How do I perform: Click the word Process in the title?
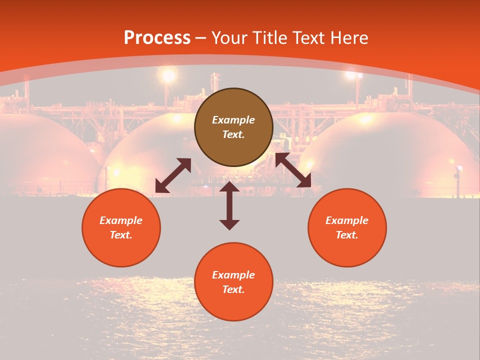click(157, 37)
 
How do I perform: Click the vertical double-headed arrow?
click(229, 205)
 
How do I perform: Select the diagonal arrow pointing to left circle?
click(173, 175)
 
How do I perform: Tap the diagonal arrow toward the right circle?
click(293, 170)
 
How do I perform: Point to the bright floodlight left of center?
click(168, 76)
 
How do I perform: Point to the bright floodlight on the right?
click(353, 75)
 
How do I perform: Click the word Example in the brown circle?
click(233, 120)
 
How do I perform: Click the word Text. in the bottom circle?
click(233, 289)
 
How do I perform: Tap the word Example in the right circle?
click(347, 220)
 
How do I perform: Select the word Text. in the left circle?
click(121, 235)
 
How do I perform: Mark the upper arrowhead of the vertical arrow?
click(229, 187)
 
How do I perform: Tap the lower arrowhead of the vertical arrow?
click(229, 224)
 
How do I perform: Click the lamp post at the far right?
click(457, 180)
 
